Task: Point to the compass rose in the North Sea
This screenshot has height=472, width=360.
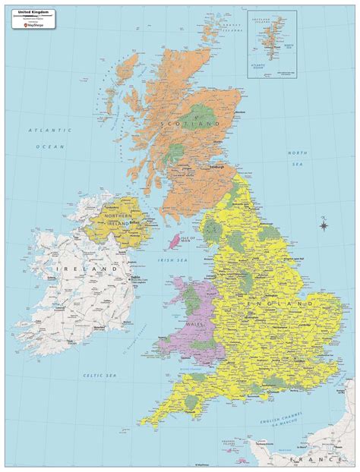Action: point(324,225)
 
